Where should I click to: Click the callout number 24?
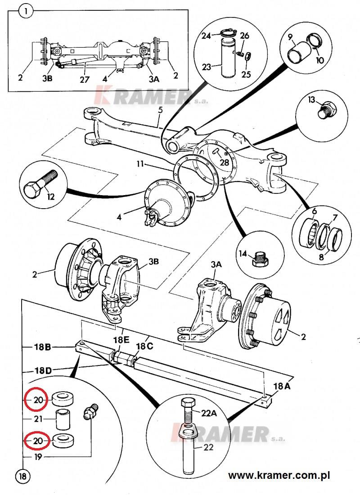206,36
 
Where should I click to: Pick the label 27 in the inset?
85,79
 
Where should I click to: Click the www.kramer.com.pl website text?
279,475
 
